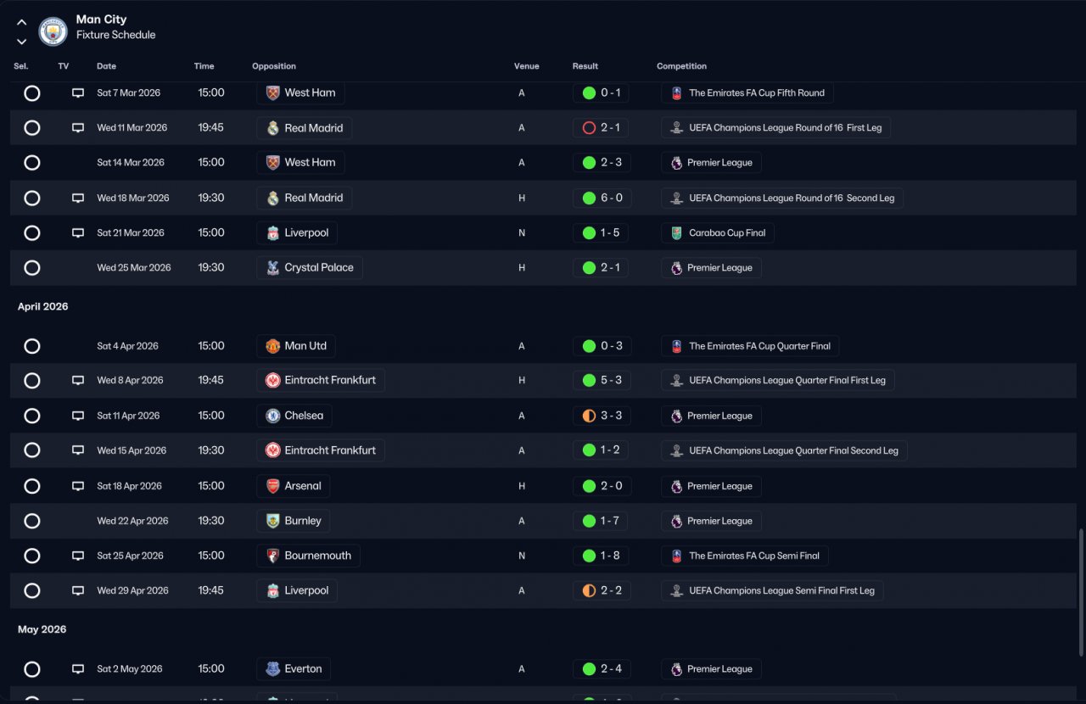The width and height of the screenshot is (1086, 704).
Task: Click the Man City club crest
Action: (x=53, y=31)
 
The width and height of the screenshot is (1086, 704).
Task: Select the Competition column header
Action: (x=681, y=66)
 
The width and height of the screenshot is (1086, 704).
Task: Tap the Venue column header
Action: (x=527, y=66)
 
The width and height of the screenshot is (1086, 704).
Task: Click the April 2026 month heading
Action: (x=43, y=306)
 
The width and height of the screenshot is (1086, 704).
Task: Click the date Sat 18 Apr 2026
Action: (x=130, y=486)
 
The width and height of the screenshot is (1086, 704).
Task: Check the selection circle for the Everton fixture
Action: (x=32, y=669)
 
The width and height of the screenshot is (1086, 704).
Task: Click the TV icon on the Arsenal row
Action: (x=78, y=486)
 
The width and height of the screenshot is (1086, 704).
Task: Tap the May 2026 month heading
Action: (x=42, y=629)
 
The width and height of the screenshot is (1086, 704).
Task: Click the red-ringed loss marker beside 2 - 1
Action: (x=589, y=128)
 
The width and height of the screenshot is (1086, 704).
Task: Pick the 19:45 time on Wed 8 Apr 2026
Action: (x=211, y=380)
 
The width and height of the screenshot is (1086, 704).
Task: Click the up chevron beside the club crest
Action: (x=22, y=22)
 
